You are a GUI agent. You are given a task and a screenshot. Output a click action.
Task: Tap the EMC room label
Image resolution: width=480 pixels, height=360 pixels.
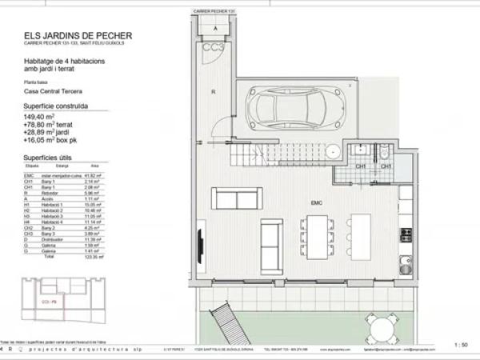pos(315,204)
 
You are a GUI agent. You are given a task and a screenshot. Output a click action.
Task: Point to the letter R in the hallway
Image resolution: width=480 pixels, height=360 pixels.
pos(214,93)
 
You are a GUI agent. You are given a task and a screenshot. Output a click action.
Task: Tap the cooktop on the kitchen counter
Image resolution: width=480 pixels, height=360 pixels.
pos(406,235)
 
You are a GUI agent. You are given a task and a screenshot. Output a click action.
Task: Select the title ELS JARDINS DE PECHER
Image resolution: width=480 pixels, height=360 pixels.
pos(78,36)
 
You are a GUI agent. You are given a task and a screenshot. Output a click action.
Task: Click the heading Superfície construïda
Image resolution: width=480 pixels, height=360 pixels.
pos(56,106)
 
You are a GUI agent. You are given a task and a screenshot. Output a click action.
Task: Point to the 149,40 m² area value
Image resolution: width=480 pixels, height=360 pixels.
pos(39,115)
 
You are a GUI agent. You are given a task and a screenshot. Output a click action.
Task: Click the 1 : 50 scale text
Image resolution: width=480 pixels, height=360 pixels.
pos(461,344)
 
